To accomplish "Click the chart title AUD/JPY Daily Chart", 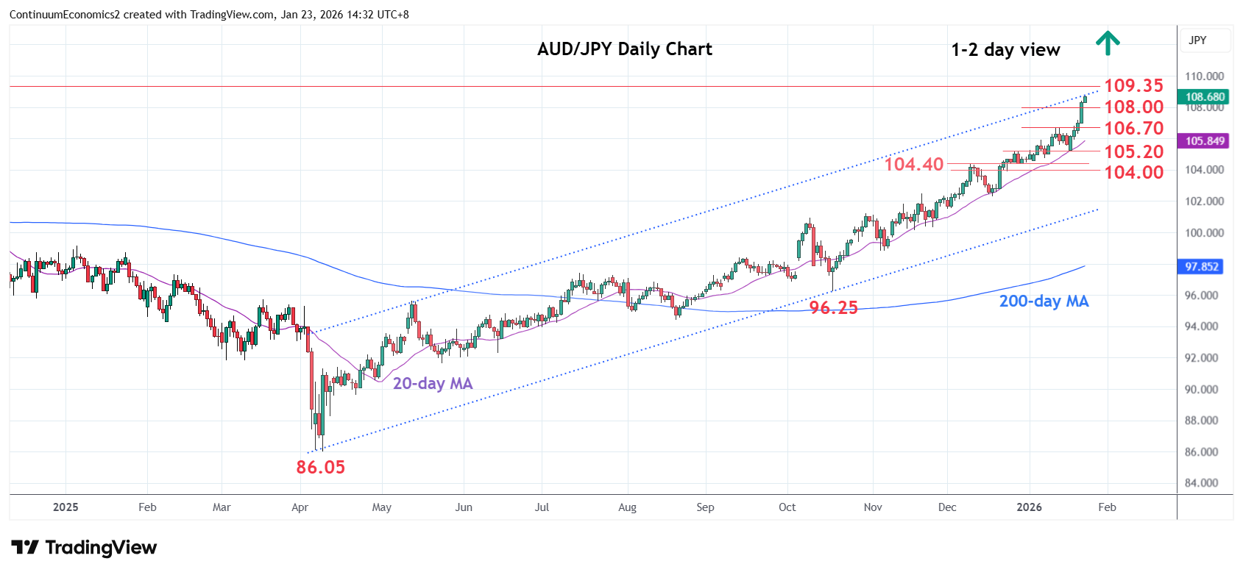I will [625, 49].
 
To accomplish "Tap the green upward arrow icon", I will [1108, 43].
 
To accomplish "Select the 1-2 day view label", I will [1005, 50].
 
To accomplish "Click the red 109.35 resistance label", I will [1133, 86].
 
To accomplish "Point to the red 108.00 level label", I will [1133, 107].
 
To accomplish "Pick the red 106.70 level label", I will [1133, 129].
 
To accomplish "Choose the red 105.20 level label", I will [1133, 152].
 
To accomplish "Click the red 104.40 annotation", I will [913, 164].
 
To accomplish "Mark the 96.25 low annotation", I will [833, 308].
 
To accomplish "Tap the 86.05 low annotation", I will [320, 467].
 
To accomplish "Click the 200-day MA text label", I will [1043, 301].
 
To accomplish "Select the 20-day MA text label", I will [433, 383].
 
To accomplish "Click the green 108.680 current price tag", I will [1205, 97].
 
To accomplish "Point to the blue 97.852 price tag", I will [1201, 267].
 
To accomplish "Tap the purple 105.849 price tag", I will [1205, 141].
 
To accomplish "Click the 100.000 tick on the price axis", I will [1204, 233].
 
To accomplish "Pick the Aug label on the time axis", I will [627, 507].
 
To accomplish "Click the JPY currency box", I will [1198, 40].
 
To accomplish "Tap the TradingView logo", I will [84, 548].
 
